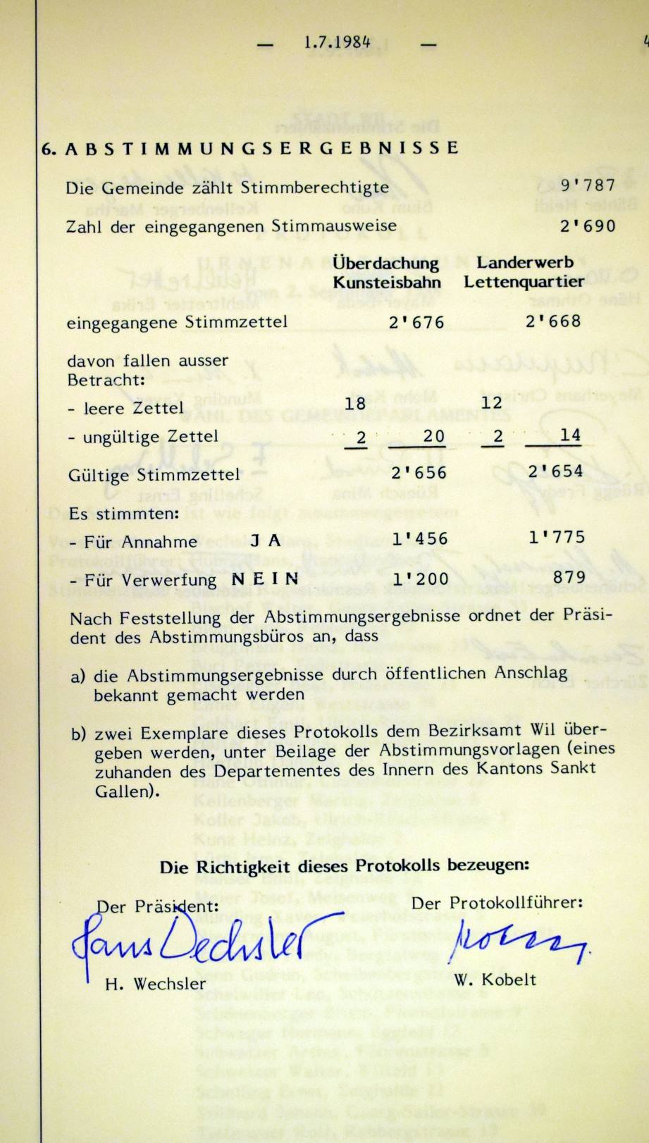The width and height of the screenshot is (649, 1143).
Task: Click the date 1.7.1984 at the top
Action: tap(338, 42)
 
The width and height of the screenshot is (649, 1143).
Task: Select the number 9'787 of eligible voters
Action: tap(588, 186)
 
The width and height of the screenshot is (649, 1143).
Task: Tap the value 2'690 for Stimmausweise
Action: tap(588, 225)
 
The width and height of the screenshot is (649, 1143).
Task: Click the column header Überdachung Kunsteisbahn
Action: tap(387, 273)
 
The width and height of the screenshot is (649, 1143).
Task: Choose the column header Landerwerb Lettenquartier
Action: tap(524, 272)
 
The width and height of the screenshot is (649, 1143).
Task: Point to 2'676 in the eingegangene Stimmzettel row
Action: tap(416, 322)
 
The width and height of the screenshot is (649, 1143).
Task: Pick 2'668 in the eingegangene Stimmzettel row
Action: tap(553, 321)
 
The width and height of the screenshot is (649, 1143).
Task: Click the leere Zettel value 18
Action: tap(355, 404)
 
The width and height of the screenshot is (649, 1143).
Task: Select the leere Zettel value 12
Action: tap(493, 402)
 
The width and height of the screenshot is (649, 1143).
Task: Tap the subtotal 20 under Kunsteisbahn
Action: tap(433, 436)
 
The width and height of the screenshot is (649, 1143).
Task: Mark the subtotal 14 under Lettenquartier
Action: tap(569, 435)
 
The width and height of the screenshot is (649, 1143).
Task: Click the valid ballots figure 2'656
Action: tap(419, 472)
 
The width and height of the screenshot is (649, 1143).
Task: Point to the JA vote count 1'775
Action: tap(557, 538)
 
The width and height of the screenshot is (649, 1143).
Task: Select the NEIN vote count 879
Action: tap(569, 577)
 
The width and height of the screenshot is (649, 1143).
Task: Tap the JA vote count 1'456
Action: tap(420, 540)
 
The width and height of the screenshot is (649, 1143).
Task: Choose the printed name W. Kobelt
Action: tap(495, 980)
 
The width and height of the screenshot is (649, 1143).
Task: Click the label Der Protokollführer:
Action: tap(497, 902)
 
